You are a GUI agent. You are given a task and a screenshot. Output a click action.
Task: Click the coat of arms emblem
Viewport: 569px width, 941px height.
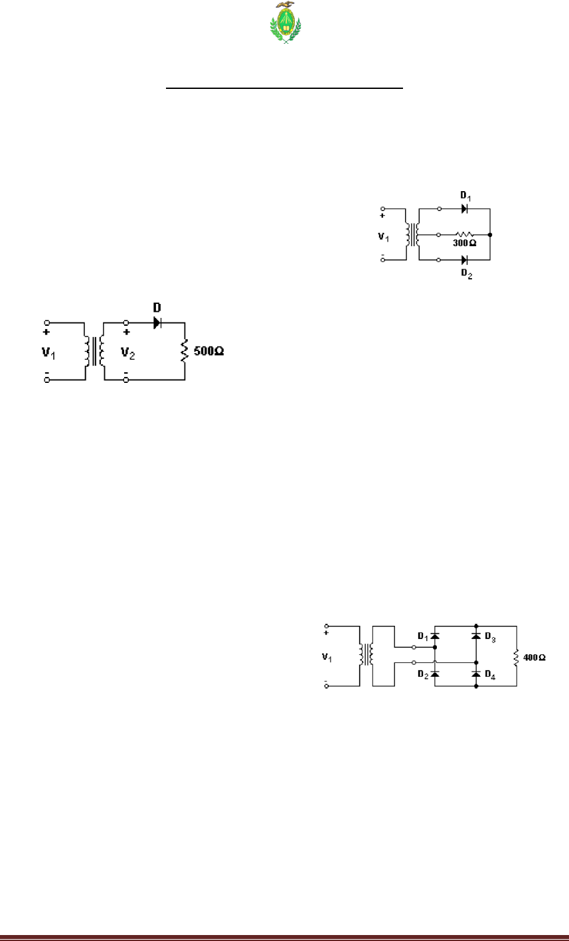pyautogui.click(x=284, y=23)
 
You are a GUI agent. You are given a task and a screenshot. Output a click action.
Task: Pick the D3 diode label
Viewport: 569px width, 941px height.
pyautogui.click(x=491, y=636)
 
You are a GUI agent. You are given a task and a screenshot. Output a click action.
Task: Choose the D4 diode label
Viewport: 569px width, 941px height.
pyautogui.click(x=491, y=675)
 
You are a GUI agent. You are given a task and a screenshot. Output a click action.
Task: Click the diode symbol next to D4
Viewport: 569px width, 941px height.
pyautogui.click(x=476, y=674)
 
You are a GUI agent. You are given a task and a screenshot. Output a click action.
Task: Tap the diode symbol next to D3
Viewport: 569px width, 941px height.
pyautogui.click(x=476, y=636)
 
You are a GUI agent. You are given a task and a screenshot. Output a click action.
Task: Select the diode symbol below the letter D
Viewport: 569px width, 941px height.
pyautogui.click(x=158, y=323)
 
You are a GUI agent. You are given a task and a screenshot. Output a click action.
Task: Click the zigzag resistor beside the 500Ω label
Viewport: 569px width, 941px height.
pyautogui.click(x=185, y=350)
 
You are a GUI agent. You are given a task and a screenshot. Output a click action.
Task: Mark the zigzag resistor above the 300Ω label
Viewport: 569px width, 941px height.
pyautogui.click(x=463, y=234)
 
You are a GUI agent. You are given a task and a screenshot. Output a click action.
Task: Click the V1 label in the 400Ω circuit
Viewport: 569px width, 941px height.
pyautogui.click(x=325, y=658)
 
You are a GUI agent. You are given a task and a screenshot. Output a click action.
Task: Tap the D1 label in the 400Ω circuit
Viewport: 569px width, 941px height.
pyautogui.click(x=422, y=636)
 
